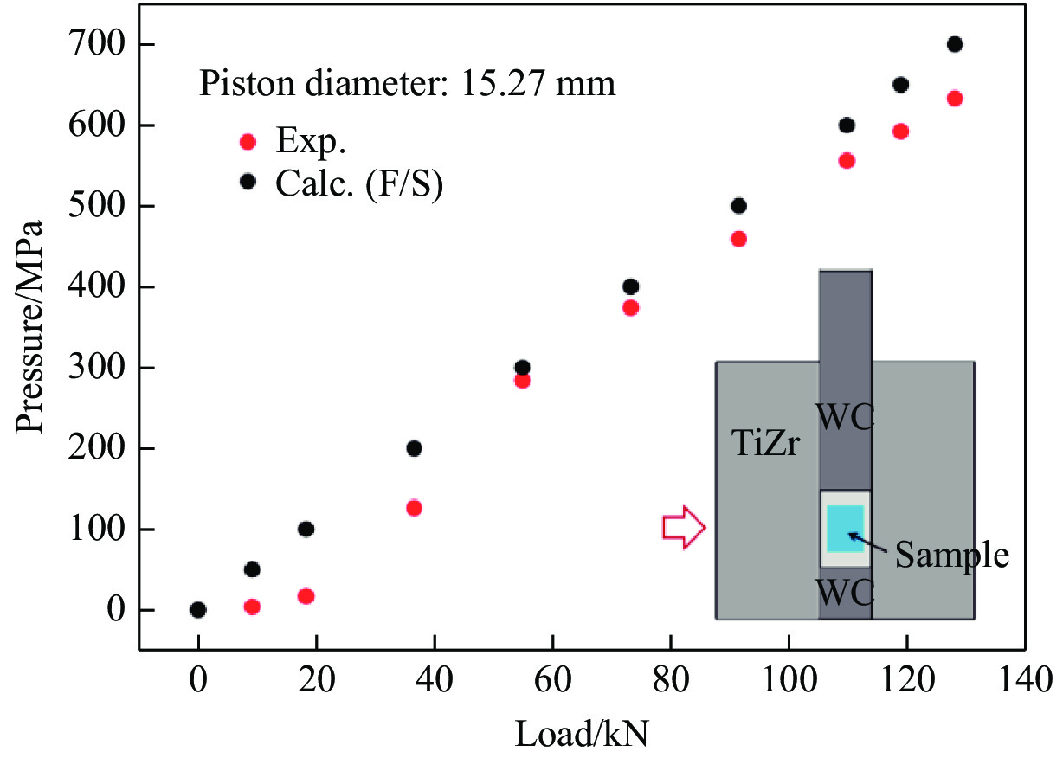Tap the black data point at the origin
click(x=198, y=610)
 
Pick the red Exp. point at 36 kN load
click(x=414, y=508)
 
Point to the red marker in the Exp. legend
click(x=248, y=142)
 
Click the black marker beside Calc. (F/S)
click(x=248, y=181)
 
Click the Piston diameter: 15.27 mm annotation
click(x=408, y=84)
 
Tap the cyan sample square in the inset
click(x=845, y=528)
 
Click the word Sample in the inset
click(x=951, y=555)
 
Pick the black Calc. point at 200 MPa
click(x=414, y=448)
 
